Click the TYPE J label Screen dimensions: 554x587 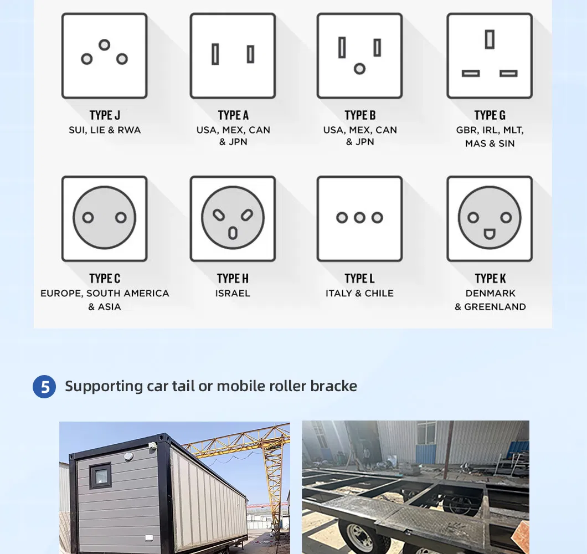coord(105,115)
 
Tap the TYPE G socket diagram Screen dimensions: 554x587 coord(490,55)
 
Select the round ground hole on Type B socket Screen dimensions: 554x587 coord(359,69)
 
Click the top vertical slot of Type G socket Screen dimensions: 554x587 coord(490,39)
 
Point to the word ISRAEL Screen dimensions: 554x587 coord(233,293)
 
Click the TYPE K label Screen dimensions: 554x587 coord(490,278)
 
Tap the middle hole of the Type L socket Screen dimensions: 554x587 coord(359,218)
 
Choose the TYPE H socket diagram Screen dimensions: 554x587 coord(233,218)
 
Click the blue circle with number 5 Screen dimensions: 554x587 coord(44,387)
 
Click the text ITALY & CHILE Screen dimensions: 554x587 coord(359,293)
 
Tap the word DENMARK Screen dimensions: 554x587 coord(490,293)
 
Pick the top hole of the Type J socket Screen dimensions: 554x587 coord(104,45)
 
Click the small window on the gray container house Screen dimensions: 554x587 coord(100,475)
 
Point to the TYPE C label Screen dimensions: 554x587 coord(105,278)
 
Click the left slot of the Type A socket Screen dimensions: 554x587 coord(215,54)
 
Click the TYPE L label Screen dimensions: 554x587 coord(359,278)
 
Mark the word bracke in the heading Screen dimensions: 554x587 coord(334,386)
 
